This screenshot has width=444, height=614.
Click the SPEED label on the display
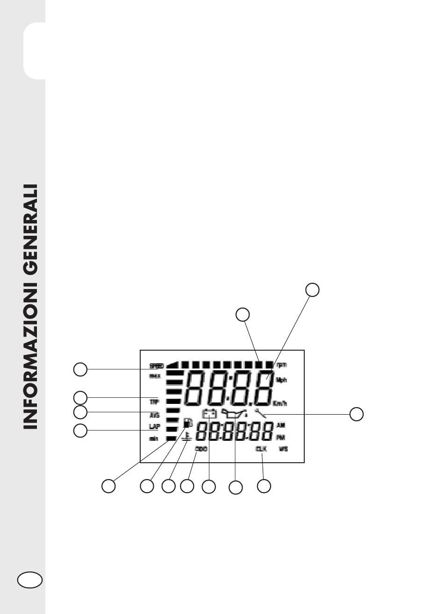[x=156, y=365]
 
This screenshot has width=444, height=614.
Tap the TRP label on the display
[x=154, y=402]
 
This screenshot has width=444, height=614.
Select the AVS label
[x=154, y=415]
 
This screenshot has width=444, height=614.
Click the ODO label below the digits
[x=201, y=449]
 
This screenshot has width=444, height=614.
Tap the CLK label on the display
[x=261, y=449]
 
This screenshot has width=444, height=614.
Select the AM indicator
[x=281, y=426]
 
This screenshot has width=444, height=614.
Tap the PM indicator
[x=281, y=438]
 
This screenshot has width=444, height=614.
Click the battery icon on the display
[x=209, y=413]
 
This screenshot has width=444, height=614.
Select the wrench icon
[x=260, y=413]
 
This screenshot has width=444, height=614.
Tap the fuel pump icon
[x=187, y=423]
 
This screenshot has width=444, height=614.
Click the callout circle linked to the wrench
[x=357, y=414]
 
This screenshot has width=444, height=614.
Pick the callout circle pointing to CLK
[x=264, y=486]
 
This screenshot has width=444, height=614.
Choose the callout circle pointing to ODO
[x=187, y=486]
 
